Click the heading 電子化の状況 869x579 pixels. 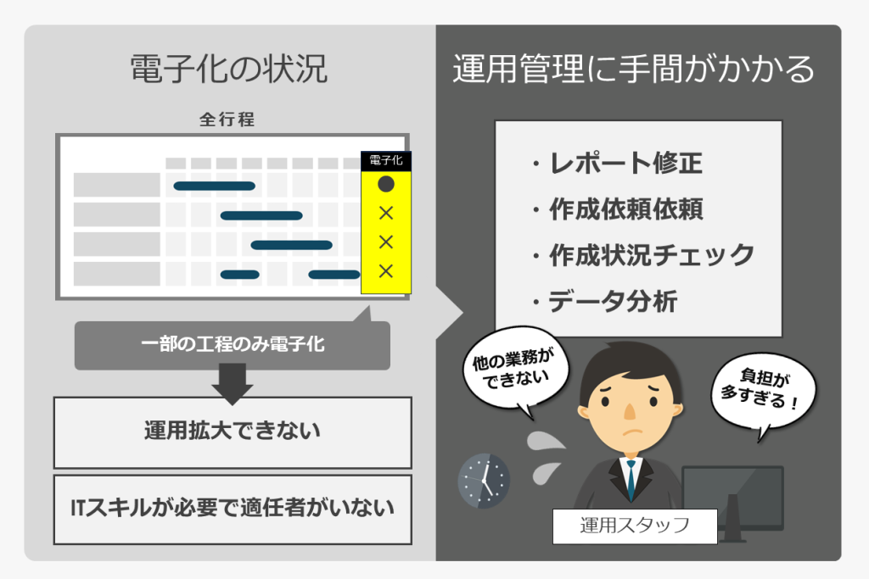228,69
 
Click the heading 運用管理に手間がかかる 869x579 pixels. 633,69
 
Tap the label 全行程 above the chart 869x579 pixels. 227,119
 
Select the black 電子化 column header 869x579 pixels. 386,160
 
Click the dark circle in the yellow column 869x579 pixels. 386,184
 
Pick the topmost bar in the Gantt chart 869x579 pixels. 215,186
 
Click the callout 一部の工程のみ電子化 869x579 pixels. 233,344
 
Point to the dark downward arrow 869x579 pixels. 233,383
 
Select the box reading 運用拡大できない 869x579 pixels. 233,432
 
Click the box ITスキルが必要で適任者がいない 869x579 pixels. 233,509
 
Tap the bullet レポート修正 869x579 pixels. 618,164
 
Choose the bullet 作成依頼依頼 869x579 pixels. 618,209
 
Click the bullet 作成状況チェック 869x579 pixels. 643,255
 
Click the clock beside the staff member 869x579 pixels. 484,481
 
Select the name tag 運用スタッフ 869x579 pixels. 635,526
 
